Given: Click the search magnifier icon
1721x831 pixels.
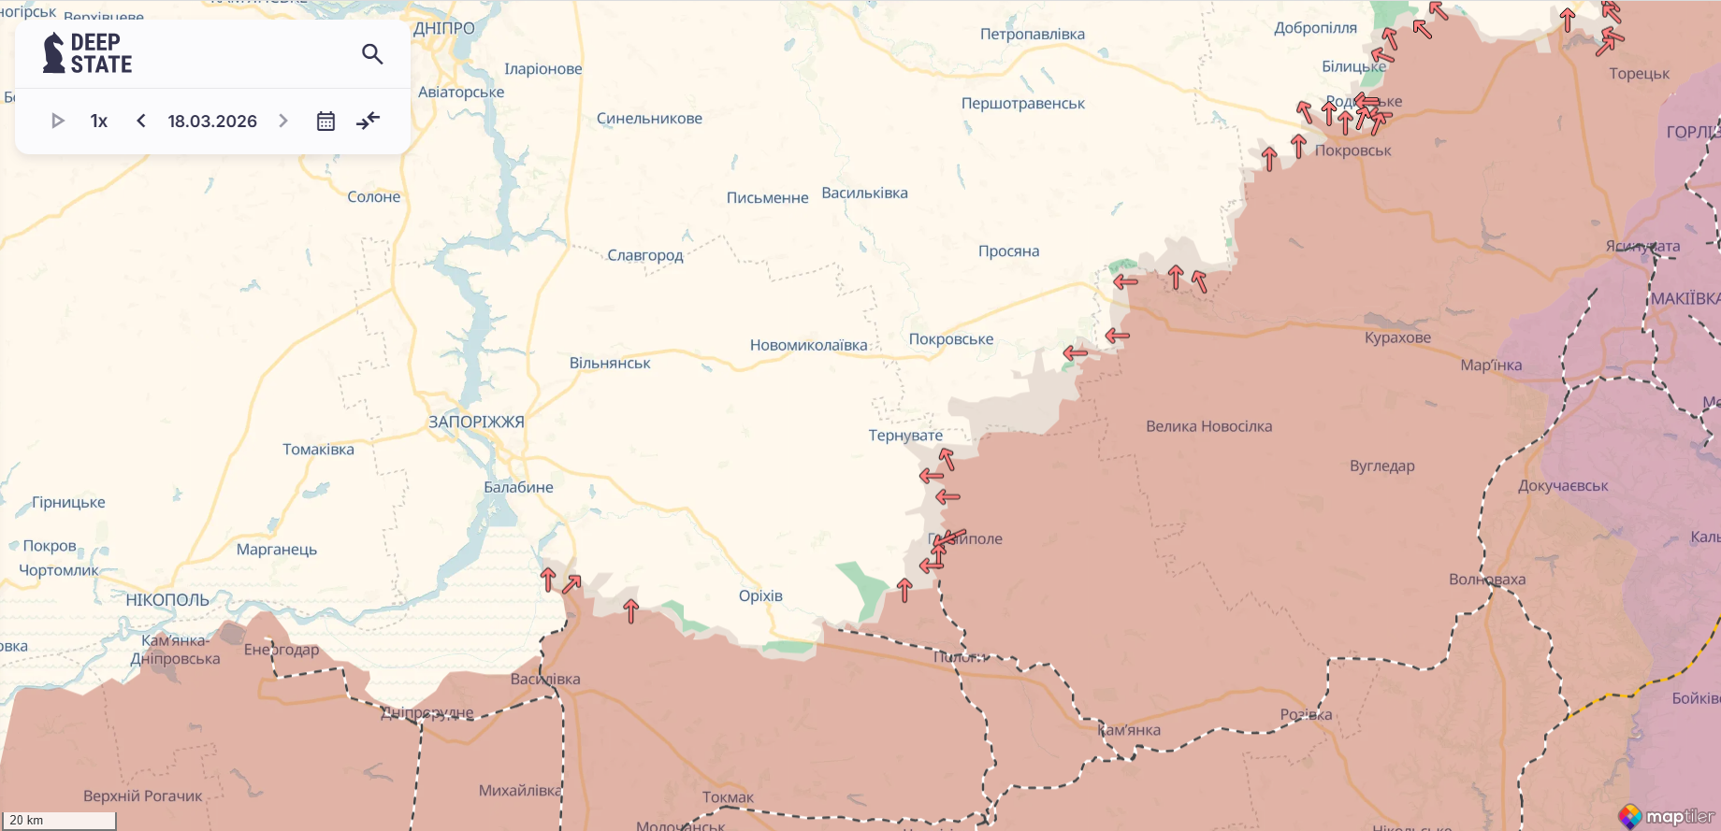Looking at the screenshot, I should [x=372, y=54].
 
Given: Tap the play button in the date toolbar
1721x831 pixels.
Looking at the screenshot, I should [x=57, y=121].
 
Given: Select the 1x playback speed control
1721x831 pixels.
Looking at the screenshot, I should [x=99, y=121].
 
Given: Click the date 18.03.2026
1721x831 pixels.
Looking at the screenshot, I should [x=212, y=121].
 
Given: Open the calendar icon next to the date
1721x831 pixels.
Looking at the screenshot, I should [x=325, y=121].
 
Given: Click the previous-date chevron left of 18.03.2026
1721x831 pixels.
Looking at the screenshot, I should [x=141, y=121].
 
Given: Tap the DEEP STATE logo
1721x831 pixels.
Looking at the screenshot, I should [x=88, y=53].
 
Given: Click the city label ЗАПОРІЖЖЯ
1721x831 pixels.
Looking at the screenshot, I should [x=476, y=422].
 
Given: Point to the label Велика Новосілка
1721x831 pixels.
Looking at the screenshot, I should [x=1208, y=426].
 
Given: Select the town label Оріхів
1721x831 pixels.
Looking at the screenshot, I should [x=760, y=595].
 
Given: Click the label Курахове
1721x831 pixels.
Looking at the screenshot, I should [x=1397, y=337].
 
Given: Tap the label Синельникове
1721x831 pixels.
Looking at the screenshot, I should [x=649, y=119].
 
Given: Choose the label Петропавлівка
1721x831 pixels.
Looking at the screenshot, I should [x=1033, y=35].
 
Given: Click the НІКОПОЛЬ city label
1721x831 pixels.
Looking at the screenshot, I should [x=167, y=600].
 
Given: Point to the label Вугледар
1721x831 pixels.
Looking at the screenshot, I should [x=1381, y=466].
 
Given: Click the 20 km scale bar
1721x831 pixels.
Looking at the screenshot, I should [x=60, y=820].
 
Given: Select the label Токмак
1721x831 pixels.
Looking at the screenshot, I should [x=728, y=797].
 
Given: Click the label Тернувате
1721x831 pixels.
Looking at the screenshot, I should [x=905, y=436].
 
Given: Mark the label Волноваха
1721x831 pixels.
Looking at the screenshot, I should [x=1486, y=580].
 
